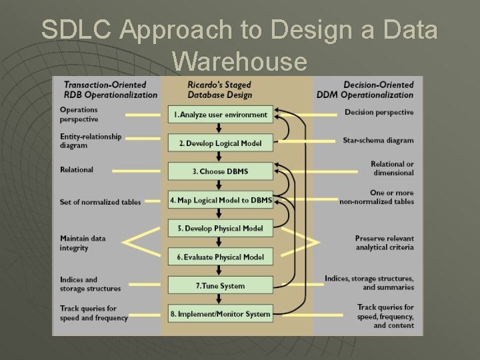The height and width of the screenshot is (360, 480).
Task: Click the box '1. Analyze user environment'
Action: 221,115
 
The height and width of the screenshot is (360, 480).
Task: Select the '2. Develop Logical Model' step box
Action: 221,143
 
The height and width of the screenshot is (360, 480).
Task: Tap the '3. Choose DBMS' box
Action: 221,171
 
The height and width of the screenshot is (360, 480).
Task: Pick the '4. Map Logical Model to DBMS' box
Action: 221,200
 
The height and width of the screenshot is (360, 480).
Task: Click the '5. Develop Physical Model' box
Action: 221,229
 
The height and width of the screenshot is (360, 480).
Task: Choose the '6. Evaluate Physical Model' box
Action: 221,257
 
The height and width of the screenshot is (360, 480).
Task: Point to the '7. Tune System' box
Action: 221,286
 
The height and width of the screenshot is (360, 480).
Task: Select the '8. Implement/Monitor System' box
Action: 221,314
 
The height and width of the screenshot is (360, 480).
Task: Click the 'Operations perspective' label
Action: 79,115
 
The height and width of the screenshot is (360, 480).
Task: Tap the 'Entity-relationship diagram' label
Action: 91,141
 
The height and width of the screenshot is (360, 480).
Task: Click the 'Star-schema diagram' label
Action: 379,141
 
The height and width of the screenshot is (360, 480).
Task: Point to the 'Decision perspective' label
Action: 379,112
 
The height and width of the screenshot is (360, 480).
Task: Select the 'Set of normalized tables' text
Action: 100,202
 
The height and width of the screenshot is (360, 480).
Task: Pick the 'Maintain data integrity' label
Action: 83,243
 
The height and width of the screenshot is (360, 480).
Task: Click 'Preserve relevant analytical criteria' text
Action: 384,243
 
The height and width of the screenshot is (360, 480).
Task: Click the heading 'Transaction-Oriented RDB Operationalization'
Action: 111,89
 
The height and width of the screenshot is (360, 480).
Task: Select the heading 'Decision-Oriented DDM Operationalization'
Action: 378,89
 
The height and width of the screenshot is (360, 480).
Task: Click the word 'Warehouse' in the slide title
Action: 239,61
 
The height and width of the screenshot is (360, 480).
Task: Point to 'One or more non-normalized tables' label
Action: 377,197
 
